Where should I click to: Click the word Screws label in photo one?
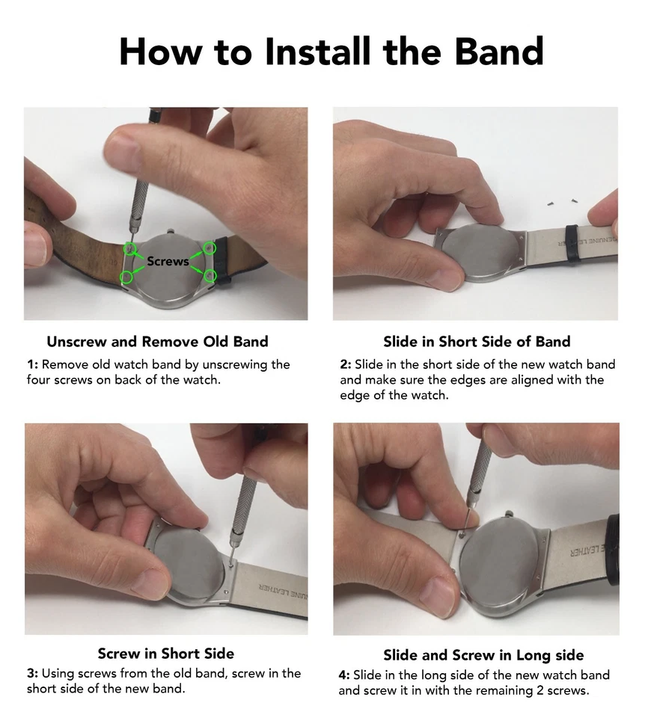(x=168, y=261)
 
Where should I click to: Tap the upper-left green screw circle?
(x=129, y=248)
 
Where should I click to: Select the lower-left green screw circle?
(x=126, y=277)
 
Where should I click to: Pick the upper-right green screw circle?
(x=210, y=248)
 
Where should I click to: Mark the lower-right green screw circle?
(x=210, y=276)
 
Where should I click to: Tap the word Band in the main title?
(x=499, y=51)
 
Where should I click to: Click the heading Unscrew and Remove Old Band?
(x=158, y=342)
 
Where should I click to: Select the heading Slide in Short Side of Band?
(x=477, y=342)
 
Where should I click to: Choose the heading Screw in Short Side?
(x=166, y=654)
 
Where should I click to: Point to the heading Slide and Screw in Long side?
(x=484, y=655)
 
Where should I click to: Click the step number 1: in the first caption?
(x=32, y=364)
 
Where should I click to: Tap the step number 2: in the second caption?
(x=346, y=364)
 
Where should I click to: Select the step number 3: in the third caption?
(x=32, y=673)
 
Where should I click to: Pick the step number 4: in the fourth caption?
(x=344, y=675)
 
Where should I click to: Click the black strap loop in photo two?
(x=572, y=242)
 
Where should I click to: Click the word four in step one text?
(x=38, y=380)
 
